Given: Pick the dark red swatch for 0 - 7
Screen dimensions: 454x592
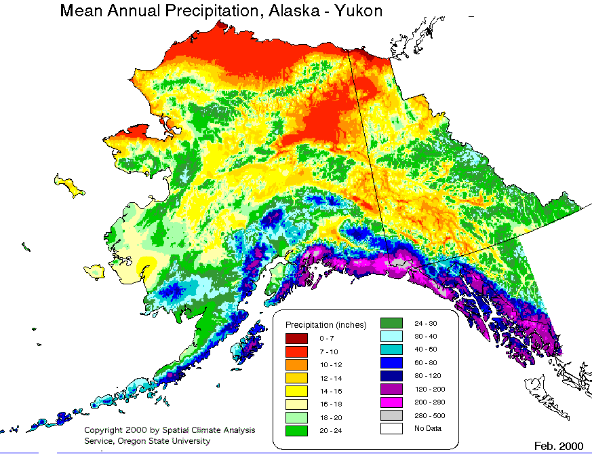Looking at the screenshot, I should pos(296,338).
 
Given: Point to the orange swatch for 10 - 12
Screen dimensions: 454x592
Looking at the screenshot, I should pos(296,364).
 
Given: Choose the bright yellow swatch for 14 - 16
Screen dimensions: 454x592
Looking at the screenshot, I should pos(296,391).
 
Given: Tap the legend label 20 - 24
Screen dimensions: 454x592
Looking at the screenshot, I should pos(329,430).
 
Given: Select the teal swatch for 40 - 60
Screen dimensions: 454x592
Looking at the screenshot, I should pos(391,349).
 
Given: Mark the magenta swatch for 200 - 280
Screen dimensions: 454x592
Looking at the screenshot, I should pos(391,402).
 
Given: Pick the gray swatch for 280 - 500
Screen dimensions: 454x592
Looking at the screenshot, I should pos(391,415).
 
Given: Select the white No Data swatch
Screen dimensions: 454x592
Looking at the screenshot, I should pos(391,428).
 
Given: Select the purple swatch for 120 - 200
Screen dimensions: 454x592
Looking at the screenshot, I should pos(391,389).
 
